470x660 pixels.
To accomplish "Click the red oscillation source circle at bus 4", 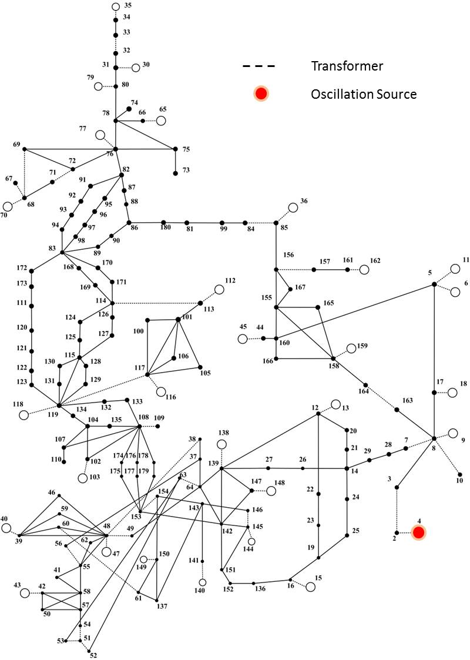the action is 419,532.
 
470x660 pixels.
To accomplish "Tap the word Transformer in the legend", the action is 347,66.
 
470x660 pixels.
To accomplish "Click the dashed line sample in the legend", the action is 258,66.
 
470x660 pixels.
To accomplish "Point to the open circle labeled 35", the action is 116,6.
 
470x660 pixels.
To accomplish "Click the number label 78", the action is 106,113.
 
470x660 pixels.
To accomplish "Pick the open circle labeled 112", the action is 219,289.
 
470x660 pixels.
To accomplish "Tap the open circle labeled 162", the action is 364,269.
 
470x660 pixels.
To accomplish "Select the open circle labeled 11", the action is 455,269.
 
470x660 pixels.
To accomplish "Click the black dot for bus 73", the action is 176,173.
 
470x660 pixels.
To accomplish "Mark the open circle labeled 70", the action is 8,207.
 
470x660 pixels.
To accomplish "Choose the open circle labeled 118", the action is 24,415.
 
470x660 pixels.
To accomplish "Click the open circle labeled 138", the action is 221,444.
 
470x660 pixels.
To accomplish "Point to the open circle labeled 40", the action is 6,528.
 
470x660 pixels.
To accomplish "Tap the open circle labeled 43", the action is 25,593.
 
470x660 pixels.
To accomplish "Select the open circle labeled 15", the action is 311,587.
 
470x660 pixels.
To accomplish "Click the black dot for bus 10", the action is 460,474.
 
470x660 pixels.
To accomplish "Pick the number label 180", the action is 166,227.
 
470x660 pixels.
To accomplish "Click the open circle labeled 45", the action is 243,339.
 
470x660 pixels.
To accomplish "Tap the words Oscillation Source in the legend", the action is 364,94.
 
